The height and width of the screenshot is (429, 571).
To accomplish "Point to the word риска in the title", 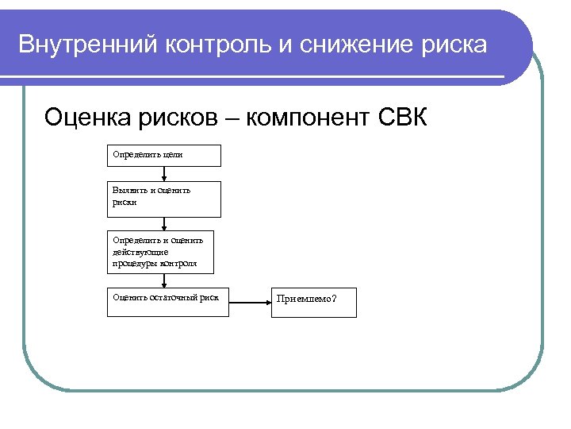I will (450, 44).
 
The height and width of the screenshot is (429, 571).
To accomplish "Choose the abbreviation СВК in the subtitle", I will (402, 118).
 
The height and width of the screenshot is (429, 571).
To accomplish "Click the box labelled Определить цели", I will (164, 155).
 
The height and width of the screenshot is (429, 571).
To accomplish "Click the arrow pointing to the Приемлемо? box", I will (250, 303).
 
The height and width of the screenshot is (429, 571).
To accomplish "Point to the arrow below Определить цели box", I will (164, 173).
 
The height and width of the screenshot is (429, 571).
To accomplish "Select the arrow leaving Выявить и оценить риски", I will (164, 225).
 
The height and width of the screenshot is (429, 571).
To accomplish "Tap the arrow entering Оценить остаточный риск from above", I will (164, 279).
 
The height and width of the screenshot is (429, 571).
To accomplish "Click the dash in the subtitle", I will (231, 120).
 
